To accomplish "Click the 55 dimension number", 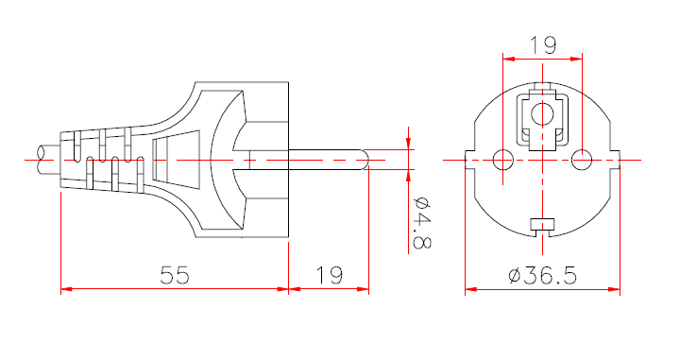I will coord(175,275).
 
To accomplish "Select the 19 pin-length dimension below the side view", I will coord(329,275).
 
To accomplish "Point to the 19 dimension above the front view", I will coord(542,43).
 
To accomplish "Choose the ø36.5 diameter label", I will coord(542,275).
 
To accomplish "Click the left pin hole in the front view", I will coord(503,159).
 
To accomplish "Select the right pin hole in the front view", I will coord(582,159).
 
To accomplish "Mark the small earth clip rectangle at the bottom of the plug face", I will coord(542,224).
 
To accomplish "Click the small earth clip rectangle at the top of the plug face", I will coord(542,88).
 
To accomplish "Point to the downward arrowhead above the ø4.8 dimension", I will coord(408,143).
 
